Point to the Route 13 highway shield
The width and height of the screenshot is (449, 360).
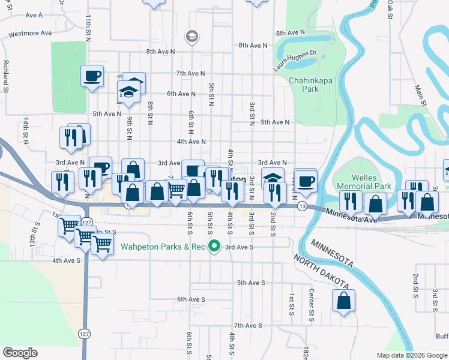302,206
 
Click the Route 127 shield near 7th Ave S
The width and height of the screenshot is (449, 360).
83,332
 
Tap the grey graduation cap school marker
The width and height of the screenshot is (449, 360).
191,37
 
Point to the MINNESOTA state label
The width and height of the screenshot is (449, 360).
331,251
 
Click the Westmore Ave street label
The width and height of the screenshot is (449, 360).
30,34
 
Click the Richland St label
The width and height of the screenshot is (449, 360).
5,72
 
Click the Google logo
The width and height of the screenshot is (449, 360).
20,353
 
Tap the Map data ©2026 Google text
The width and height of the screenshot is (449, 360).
411,355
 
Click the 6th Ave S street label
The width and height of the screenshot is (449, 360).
191,299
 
